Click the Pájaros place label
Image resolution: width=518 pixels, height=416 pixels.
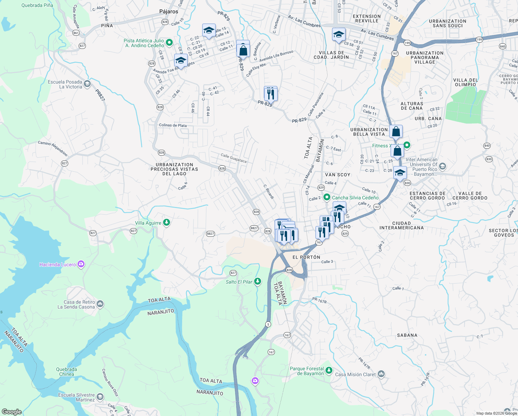(169, 11)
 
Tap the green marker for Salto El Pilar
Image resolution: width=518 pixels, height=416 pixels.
(257, 281)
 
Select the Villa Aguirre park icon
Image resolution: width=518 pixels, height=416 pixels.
(167, 222)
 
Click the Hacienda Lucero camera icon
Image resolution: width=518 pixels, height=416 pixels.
(81, 265)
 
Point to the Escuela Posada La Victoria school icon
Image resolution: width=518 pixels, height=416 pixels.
(87, 84)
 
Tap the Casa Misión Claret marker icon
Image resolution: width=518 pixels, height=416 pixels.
(381, 374)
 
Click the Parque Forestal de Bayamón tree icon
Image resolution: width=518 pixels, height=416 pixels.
(329, 371)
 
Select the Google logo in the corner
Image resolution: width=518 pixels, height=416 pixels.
(11, 411)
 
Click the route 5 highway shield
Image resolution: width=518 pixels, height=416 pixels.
(268, 324)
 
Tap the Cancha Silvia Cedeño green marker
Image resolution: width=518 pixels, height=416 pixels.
(326, 197)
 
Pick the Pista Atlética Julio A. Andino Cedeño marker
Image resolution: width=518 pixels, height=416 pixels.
(169, 43)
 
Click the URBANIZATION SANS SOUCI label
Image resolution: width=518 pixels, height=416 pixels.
(447, 23)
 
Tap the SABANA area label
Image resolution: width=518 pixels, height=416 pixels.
(407, 335)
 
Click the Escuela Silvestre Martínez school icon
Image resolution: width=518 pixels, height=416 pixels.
(100, 397)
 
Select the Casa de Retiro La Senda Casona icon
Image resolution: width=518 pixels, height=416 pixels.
(100, 304)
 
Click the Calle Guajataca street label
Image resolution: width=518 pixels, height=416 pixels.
(233, 158)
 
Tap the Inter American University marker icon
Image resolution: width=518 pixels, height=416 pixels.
(442, 167)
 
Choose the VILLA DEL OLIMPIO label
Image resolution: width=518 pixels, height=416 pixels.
(465, 82)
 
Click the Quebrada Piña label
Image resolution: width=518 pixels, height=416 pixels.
(37, 5)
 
